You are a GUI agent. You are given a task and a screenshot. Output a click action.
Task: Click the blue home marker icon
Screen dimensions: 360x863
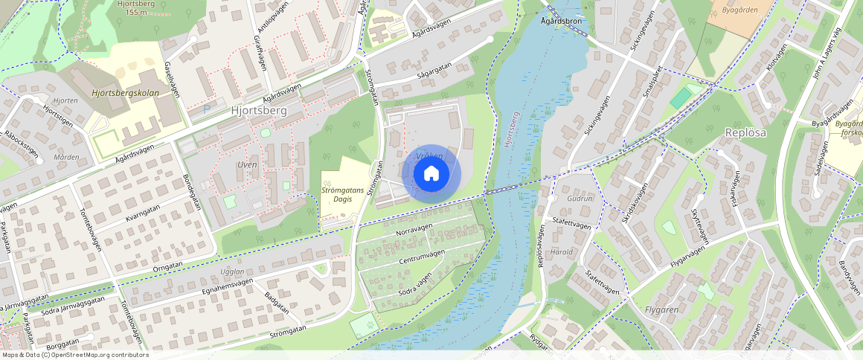click(431, 174)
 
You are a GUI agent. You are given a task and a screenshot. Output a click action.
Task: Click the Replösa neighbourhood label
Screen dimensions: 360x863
click(745, 132)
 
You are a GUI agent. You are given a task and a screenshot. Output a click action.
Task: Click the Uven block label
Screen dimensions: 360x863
click(246, 164)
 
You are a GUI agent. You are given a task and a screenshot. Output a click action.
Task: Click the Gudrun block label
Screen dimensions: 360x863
click(580, 199)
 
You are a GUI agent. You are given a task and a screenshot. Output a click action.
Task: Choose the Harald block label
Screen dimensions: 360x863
click(562, 251)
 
